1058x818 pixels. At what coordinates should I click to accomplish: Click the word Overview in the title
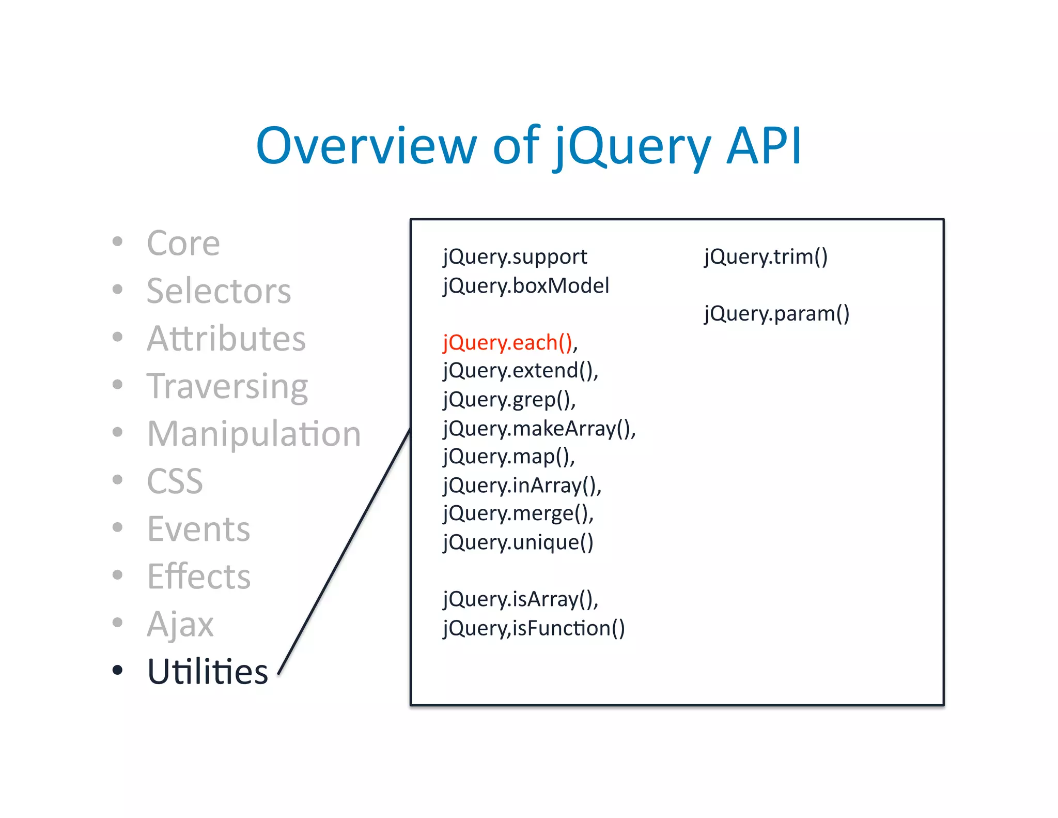(365, 146)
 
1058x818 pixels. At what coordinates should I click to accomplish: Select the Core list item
(183, 243)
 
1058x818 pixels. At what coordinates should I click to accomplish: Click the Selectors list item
(219, 291)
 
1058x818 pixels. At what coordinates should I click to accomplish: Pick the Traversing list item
(227, 386)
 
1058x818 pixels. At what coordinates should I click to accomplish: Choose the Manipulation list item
(254, 434)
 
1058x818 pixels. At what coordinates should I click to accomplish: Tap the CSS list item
(175, 481)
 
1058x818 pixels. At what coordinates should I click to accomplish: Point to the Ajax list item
(180, 624)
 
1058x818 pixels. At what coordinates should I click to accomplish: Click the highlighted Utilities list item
(208, 672)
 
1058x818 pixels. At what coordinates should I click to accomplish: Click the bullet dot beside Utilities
(118, 670)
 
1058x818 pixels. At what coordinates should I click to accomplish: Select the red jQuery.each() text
(508, 343)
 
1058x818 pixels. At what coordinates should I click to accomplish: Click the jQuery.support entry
(515, 257)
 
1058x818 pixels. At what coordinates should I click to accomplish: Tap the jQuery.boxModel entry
(526, 286)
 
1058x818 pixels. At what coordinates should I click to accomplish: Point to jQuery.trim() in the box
(766, 257)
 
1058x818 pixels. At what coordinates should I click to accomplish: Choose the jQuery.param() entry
(776, 314)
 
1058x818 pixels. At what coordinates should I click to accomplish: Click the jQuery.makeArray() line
(538, 429)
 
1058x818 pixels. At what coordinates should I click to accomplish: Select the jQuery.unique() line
(518, 542)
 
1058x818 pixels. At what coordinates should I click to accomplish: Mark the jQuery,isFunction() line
(534, 628)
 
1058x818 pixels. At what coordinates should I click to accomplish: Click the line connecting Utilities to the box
(345, 551)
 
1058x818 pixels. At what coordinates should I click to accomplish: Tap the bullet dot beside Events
(118, 527)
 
